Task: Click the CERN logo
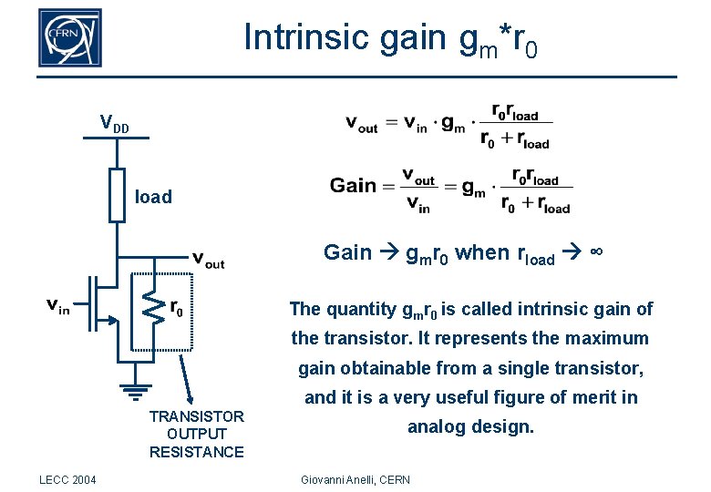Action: (69, 37)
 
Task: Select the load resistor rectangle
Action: (117, 194)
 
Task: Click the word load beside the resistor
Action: (153, 197)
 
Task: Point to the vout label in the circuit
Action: (209, 261)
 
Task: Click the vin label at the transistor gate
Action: (57, 307)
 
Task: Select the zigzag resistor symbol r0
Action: (155, 310)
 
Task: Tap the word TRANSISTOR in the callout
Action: (196, 416)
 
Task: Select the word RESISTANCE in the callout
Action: (196, 452)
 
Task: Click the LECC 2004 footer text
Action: (68, 479)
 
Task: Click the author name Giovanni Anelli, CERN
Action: (355, 479)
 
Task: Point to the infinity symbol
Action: (595, 251)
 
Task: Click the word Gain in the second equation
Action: (353, 185)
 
